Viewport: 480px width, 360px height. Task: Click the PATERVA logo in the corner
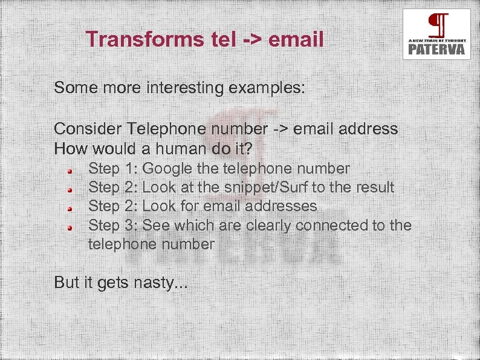(436, 34)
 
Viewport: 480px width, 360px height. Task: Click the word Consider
(88, 129)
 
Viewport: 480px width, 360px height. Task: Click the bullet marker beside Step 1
(70, 171)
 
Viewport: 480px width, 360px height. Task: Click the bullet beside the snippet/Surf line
(70, 190)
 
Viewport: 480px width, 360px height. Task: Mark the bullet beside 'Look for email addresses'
(70, 209)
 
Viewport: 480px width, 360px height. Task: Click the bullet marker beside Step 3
(70, 228)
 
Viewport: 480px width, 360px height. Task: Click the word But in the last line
(66, 282)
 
